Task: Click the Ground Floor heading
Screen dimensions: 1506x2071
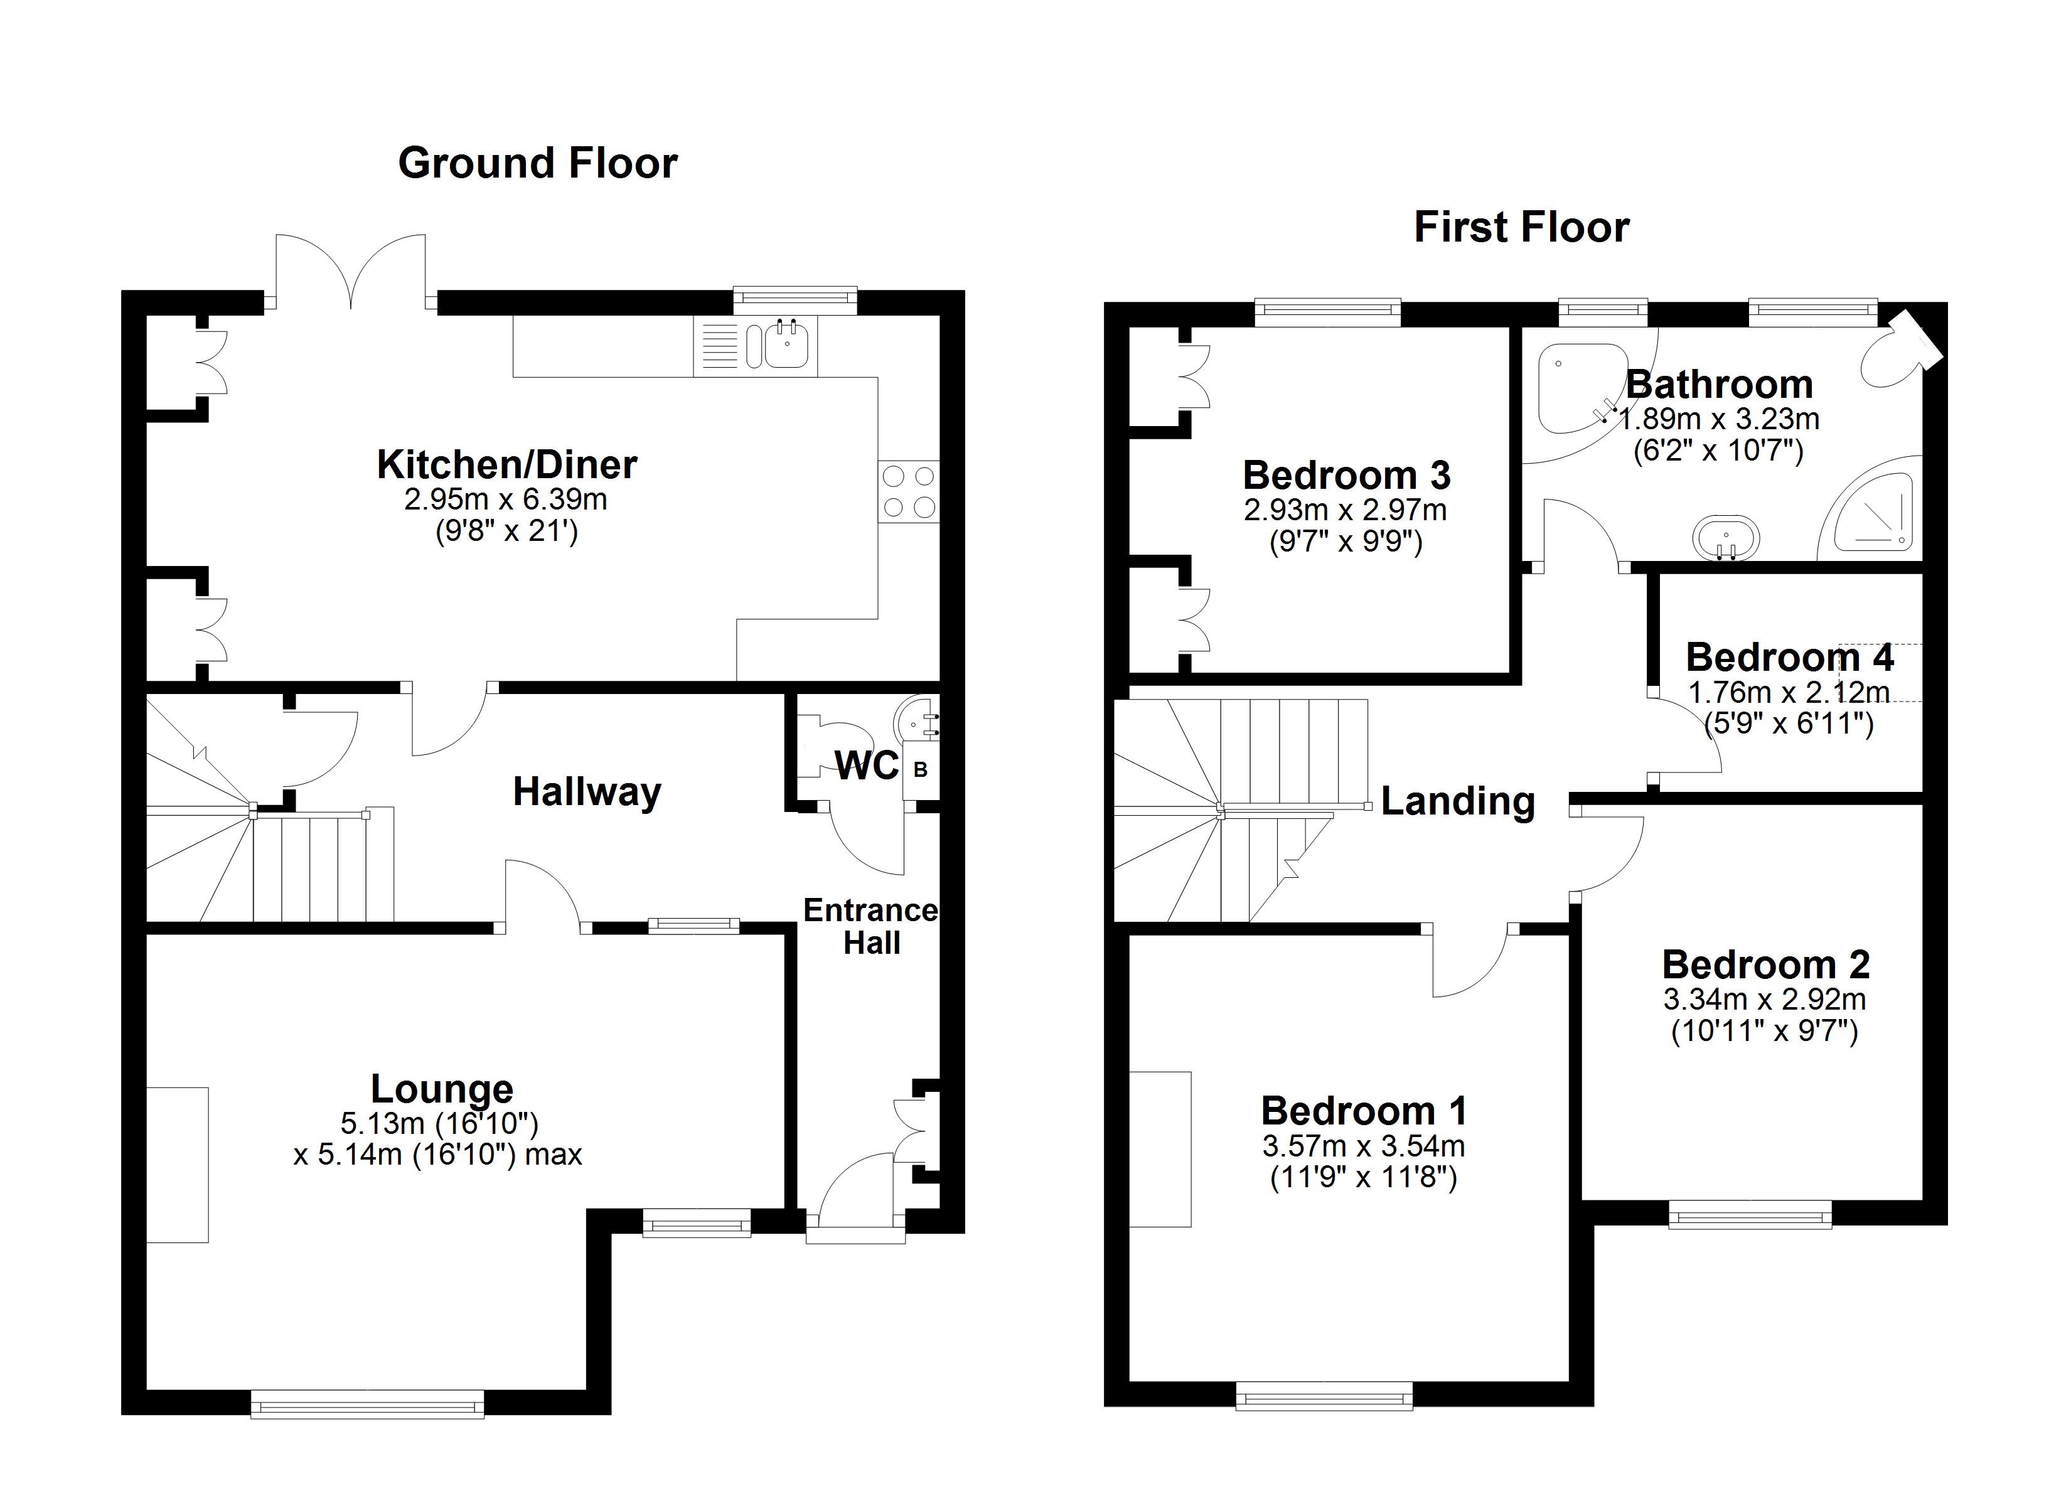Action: [538, 164]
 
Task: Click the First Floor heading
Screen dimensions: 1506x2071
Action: [1521, 227]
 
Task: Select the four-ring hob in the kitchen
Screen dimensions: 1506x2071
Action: [909, 491]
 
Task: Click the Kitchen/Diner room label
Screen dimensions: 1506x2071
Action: [507, 465]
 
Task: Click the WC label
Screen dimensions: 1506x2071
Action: [867, 766]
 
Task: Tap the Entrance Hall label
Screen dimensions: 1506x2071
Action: [870, 926]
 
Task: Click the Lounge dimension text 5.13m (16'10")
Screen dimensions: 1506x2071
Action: [439, 1123]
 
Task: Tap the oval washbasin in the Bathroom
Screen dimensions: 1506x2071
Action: [1726, 539]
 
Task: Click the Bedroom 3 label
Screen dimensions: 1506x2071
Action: [1346, 476]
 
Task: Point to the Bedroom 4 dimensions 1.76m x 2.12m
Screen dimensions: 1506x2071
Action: [1788, 692]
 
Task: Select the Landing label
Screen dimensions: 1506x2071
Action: [1457, 801]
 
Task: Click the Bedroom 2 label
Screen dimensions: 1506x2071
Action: [1765, 965]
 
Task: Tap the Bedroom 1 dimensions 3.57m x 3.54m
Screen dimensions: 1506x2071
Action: [1363, 1145]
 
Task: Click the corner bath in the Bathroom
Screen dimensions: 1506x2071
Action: [1575, 388]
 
